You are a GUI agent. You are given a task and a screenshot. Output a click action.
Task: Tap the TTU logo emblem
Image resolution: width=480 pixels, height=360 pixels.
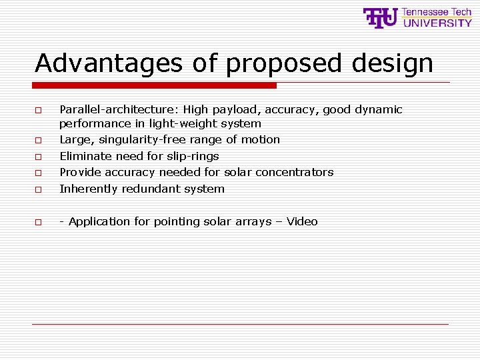(381, 18)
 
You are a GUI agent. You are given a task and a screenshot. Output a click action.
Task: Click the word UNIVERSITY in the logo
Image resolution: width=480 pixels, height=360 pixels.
(437, 23)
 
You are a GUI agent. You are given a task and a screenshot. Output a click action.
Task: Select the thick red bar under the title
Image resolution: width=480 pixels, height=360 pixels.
(155, 85)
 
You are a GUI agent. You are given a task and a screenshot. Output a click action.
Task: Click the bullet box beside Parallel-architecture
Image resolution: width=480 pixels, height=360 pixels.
(39, 110)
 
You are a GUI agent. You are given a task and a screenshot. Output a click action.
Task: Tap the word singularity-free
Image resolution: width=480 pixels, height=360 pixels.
(143, 139)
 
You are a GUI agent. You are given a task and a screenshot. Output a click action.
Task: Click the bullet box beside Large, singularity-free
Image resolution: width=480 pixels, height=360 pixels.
(39, 141)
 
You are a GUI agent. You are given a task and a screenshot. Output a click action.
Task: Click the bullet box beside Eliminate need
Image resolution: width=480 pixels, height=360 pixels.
(39, 157)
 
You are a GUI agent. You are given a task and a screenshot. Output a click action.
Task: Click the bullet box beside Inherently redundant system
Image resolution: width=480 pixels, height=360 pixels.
(39, 189)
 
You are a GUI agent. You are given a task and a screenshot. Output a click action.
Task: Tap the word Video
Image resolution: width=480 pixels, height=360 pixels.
(302, 221)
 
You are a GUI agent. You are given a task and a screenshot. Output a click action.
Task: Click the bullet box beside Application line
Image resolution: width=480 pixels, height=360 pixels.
(39, 222)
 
